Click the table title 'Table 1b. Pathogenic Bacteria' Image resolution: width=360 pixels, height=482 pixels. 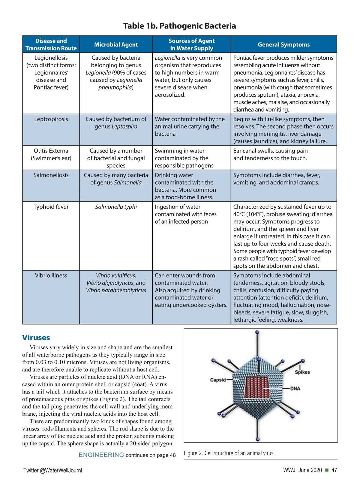coord(179,26)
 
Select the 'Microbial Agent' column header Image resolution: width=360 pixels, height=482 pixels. coord(116,45)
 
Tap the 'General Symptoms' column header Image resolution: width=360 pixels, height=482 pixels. coord(283,45)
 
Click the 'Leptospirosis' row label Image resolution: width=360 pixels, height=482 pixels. coord(51,119)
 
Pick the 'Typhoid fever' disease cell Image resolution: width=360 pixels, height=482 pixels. coord(51,207)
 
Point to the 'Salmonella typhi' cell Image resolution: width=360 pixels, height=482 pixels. coord(116,207)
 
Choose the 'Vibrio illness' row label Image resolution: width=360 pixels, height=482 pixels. coord(51,276)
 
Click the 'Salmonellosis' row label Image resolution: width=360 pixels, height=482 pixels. coord(51,175)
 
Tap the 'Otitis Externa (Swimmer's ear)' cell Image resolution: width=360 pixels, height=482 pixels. coord(51,155)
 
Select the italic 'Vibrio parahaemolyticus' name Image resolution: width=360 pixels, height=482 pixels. coord(116,291)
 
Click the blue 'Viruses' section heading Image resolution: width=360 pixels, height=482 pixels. coord(36,338)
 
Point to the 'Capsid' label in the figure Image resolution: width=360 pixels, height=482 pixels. coord(218,380)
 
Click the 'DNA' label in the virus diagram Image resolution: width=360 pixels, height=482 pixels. coord(295,389)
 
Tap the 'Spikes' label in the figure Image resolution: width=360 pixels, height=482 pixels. coord(302,372)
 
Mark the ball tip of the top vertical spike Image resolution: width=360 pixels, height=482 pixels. coord(257,332)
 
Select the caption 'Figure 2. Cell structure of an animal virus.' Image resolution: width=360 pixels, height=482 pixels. coord(229,453)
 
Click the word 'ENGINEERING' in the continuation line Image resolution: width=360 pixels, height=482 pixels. coord(101,455)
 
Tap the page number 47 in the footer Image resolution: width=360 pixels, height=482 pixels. coord(334,470)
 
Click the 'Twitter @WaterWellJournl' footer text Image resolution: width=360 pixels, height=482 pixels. coord(53,470)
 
